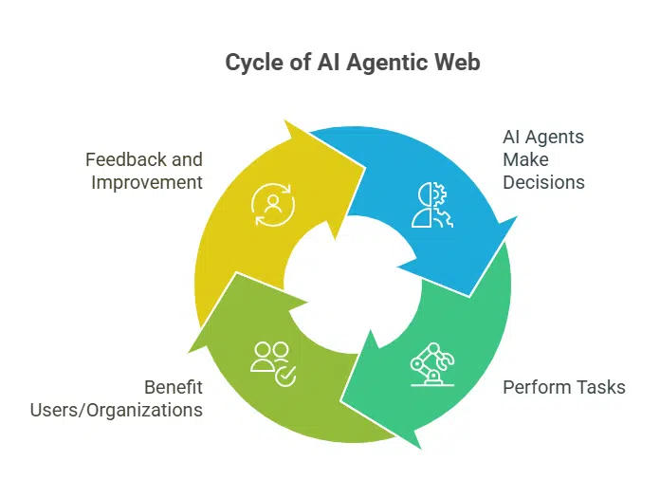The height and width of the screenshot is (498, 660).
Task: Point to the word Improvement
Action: (x=147, y=181)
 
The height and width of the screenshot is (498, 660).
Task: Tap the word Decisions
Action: (x=543, y=181)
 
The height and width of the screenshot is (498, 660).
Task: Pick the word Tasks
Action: (x=600, y=387)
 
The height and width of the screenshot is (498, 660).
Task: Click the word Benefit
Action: (x=173, y=387)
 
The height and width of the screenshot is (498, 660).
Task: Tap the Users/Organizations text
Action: (x=117, y=410)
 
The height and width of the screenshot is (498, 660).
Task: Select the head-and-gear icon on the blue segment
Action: (x=432, y=205)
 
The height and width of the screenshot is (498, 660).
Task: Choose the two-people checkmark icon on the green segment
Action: (x=273, y=362)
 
